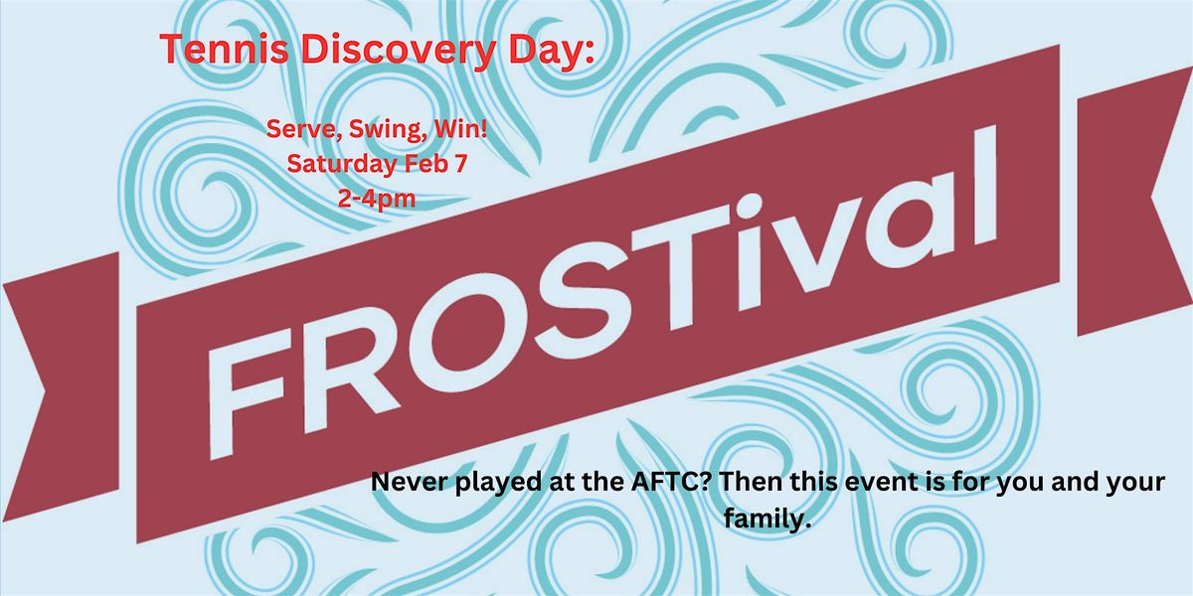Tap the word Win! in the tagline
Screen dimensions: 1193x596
(461, 129)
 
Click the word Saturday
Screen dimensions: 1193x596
(342, 165)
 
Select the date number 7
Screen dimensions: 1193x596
(460, 164)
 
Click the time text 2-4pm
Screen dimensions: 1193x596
(377, 200)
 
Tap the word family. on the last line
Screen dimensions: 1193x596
(767, 518)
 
